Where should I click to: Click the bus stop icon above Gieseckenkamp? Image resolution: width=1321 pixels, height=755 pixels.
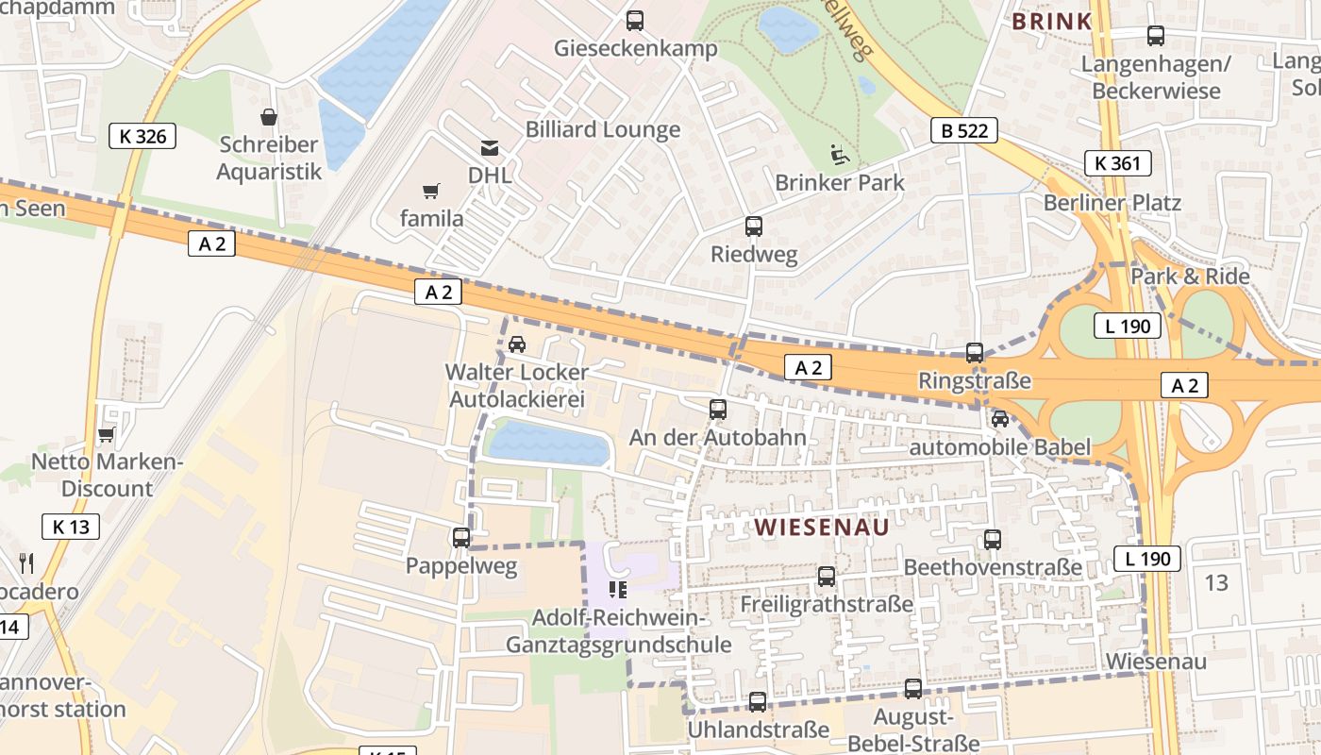click(x=635, y=20)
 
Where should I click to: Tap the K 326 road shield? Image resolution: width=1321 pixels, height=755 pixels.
click(x=142, y=136)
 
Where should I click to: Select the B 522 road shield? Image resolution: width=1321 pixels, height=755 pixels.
click(x=963, y=130)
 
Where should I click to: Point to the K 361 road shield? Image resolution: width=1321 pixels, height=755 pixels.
click(x=1117, y=163)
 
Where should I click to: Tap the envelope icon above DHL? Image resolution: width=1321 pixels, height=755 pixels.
click(x=490, y=147)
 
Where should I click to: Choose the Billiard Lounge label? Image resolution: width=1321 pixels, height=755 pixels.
click(x=602, y=129)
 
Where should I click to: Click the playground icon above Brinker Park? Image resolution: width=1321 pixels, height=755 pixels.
click(x=838, y=153)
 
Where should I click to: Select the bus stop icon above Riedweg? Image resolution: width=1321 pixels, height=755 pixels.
click(x=753, y=226)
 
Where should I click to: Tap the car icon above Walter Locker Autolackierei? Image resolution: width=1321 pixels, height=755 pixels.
click(x=517, y=344)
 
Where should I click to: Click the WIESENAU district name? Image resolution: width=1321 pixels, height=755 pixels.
click(x=821, y=528)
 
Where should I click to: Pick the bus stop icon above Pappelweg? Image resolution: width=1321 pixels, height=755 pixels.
click(x=461, y=538)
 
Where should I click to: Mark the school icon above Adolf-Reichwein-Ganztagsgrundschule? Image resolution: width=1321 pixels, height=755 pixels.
click(x=618, y=590)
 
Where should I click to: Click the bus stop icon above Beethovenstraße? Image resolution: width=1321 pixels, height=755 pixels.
click(x=993, y=540)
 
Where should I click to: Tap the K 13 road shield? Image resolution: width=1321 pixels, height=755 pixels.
click(x=71, y=527)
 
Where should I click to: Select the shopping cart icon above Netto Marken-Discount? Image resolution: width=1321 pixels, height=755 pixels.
click(x=106, y=435)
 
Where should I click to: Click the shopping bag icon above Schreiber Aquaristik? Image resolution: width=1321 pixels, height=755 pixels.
click(x=269, y=117)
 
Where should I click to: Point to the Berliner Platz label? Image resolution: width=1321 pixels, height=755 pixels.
click(x=1112, y=203)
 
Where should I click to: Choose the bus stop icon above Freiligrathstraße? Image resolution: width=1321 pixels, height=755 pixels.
click(x=827, y=576)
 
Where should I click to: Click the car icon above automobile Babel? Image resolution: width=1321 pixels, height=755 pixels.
click(x=1000, y=419)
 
